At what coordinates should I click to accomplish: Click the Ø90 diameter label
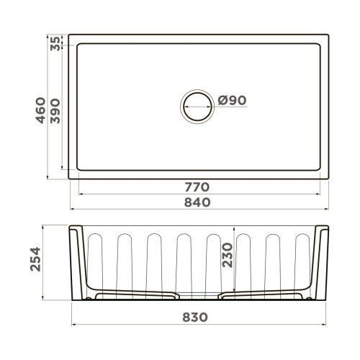(232, 100)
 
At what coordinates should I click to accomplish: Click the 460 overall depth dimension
(41, 109)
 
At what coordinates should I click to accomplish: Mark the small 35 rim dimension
(58, 44)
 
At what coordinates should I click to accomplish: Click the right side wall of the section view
(322, 263)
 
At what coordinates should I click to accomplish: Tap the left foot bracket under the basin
(133, 294)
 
